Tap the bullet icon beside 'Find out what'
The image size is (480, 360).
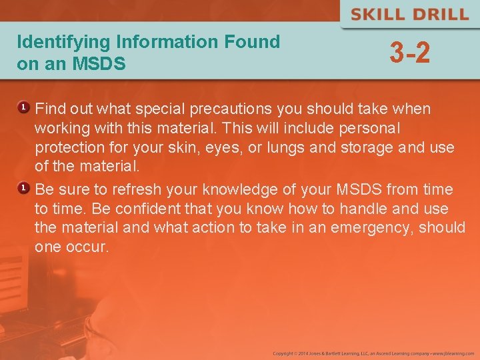[22, 107]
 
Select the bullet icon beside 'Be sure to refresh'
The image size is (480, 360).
[22, 189]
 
